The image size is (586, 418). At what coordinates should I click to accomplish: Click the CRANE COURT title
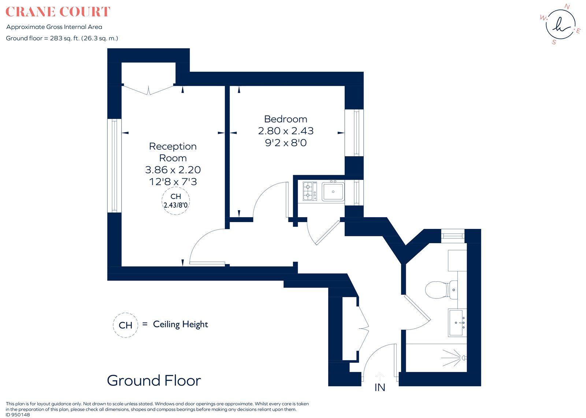[58, 12]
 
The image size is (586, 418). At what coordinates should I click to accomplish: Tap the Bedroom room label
[286, 119]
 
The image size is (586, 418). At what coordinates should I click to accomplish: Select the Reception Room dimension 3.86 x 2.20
[173, 170]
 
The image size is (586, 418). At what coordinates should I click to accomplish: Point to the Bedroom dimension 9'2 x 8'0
[286, 143]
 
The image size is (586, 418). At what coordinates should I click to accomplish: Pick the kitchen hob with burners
[310, 191]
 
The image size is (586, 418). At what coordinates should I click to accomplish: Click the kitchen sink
[333, 191]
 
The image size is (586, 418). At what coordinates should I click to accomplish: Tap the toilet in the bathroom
[441, 290]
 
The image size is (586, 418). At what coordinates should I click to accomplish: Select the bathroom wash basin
[457, 323]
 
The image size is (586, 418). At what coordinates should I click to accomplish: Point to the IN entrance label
[380, 387]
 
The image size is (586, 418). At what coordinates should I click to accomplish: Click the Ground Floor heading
[154, 380]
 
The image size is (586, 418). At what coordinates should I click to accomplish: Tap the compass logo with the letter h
[560, 24]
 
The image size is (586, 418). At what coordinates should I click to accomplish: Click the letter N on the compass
[567, 6]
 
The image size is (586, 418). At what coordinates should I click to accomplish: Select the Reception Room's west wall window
[114, 166]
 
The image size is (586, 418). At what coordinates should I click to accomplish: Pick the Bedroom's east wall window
[354, 133]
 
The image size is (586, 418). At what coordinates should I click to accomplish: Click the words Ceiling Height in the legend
[180, 324]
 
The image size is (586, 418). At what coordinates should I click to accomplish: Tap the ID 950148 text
[18, 415]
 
